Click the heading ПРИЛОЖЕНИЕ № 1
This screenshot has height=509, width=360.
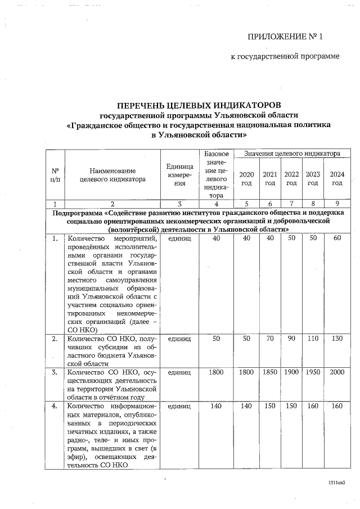(x=285, y=37)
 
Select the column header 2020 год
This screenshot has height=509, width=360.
(x=246, y=178)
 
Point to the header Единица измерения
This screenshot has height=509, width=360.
(x=179, y=174)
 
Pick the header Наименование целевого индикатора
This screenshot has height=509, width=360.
(x=113, y=174)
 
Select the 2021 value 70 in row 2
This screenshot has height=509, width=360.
(x=270, y=339)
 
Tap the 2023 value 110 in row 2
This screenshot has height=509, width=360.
(x=313, y=339)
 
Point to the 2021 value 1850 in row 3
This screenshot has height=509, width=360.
(x=270, y=372)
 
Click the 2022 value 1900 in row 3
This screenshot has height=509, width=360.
(x=291, y=372)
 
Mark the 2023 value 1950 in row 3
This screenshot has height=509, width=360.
(x=313, y=372)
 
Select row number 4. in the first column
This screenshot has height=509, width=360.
(x=55, y=406)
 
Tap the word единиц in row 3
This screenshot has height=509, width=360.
(x=179, y=372)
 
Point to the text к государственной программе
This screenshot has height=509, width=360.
(x=285, y=57)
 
